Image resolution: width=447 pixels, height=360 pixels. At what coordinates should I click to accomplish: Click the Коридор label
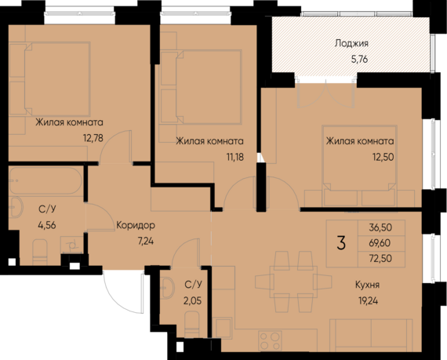point(135,226)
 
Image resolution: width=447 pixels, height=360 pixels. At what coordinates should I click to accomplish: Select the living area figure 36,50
point(379,228)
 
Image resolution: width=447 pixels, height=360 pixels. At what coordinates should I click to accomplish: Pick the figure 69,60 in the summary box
point(379,243)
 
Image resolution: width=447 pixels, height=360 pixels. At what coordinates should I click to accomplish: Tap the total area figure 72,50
point(379,258)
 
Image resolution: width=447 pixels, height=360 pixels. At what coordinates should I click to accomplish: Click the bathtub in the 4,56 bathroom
point(45,181)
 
